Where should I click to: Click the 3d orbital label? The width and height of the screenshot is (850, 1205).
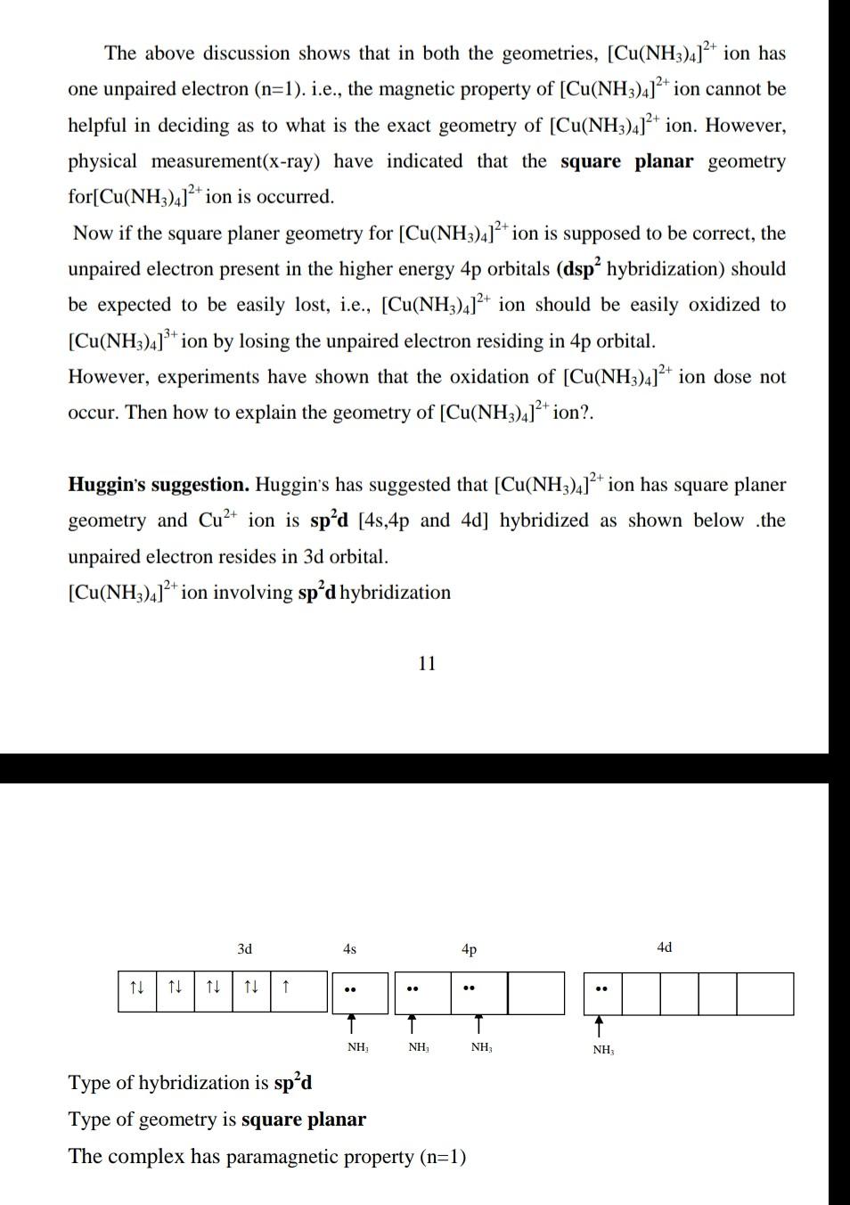(244, 949)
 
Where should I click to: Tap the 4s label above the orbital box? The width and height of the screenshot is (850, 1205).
(349, 949)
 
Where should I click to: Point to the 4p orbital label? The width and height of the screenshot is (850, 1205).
(469, 949)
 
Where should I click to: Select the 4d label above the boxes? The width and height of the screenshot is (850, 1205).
(664, 947)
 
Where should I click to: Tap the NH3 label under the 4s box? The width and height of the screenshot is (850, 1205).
(357, 1047)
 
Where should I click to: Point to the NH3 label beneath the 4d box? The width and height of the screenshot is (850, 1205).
(603, 1050)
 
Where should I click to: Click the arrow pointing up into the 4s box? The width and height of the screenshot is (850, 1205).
(352, 1023)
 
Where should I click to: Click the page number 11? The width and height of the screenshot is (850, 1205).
(427, 663)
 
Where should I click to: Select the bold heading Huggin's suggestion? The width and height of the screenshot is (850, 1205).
(159, 485)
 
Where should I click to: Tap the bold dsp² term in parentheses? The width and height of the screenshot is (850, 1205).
(583, 269)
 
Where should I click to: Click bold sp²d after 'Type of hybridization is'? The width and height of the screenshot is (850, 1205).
(293, 1083)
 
